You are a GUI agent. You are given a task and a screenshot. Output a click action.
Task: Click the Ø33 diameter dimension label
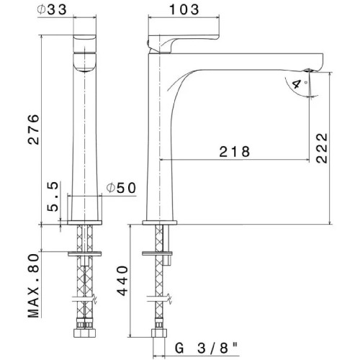(52, 9)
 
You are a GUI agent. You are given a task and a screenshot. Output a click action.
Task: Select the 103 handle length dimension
(184, 9)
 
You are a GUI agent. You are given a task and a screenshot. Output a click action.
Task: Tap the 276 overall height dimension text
(34, 130)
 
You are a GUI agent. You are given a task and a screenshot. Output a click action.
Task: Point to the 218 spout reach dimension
(235, 151)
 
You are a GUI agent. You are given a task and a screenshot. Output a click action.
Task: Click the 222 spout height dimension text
(322, 148)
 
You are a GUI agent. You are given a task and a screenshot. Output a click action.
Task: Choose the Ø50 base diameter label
(121, 188)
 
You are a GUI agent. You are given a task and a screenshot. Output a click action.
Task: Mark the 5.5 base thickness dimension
(53, 197)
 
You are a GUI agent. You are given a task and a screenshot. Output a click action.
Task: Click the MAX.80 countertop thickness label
(33, 286)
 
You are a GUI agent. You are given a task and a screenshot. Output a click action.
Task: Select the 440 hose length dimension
(122, 281)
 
